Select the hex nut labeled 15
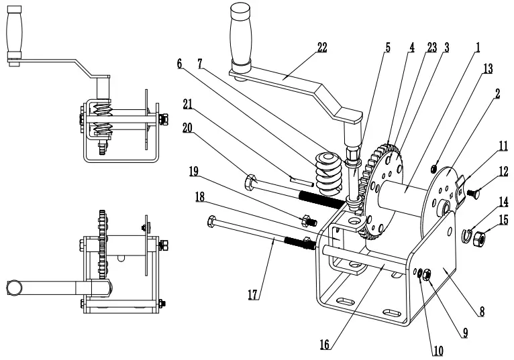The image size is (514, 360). click(x=478, y=237)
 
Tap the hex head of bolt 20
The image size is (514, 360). click(x=250, y=180)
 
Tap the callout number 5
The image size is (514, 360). click(x=387, y=48)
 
